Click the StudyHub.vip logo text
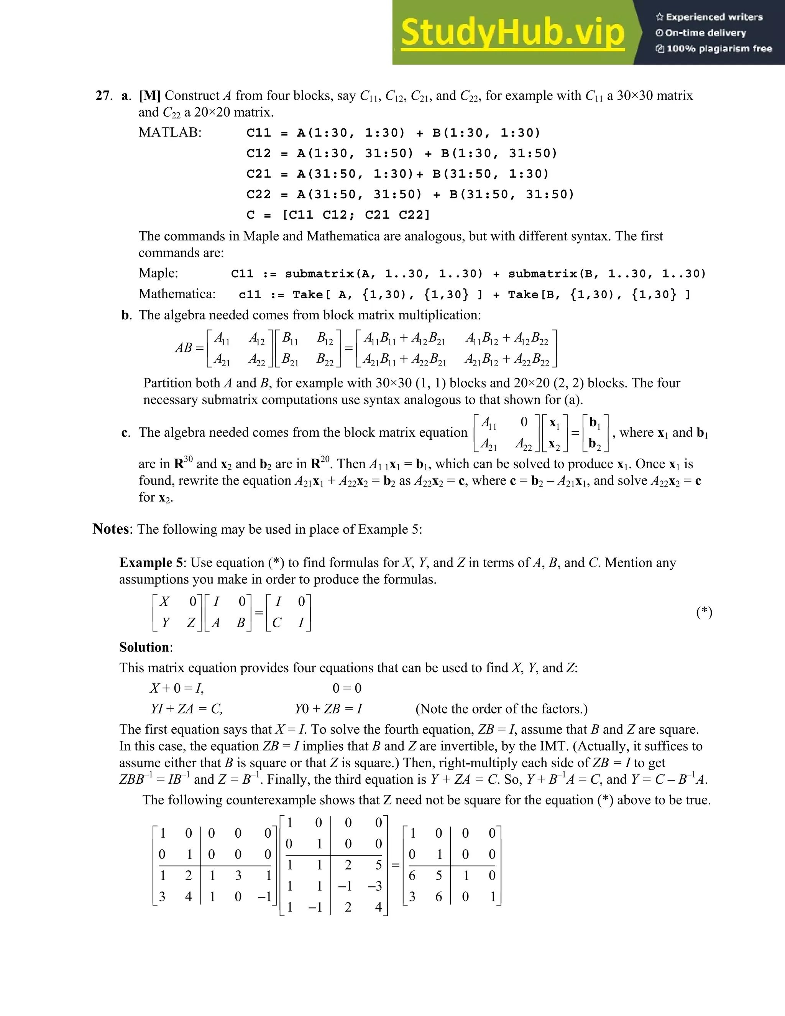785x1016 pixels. [x=512, y=33]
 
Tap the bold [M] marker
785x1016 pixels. [x=149, y=96]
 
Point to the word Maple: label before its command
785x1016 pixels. [x=158, y=273]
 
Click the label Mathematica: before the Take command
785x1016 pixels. [x=177, y=294]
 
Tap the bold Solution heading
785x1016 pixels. [x=145, y=648]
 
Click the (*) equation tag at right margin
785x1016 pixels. [x=704, y=612]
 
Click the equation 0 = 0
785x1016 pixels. [x=347, y=689]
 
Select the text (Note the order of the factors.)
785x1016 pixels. [x=501, y=709]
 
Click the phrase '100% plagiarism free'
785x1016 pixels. [x=719, y=49]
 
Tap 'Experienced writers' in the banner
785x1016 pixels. [x=714, y=17]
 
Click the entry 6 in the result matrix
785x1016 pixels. [x=412, y=876]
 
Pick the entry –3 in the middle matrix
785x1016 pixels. [x=375, y=886]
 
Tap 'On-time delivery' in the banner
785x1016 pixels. [x=705, y=33]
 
